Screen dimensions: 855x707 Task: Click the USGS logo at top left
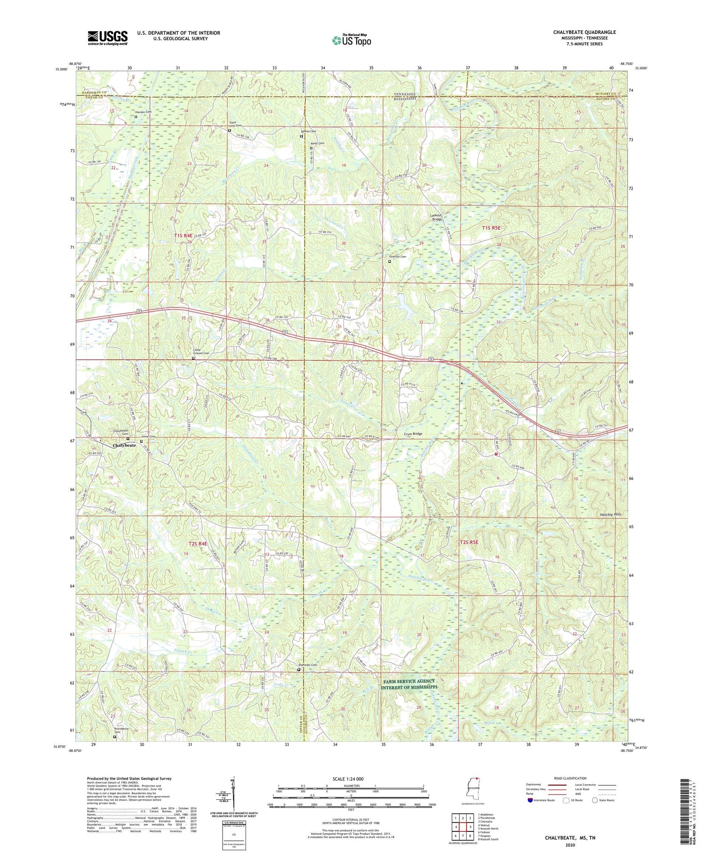click(x=107, y=38)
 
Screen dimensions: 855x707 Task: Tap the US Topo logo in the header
click(x=352, y=40)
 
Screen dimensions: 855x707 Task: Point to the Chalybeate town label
click(x=124, y=445)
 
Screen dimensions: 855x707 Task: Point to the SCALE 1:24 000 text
click(x=351, y=779)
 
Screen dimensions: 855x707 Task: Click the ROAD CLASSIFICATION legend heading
click(x=570, y=778)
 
